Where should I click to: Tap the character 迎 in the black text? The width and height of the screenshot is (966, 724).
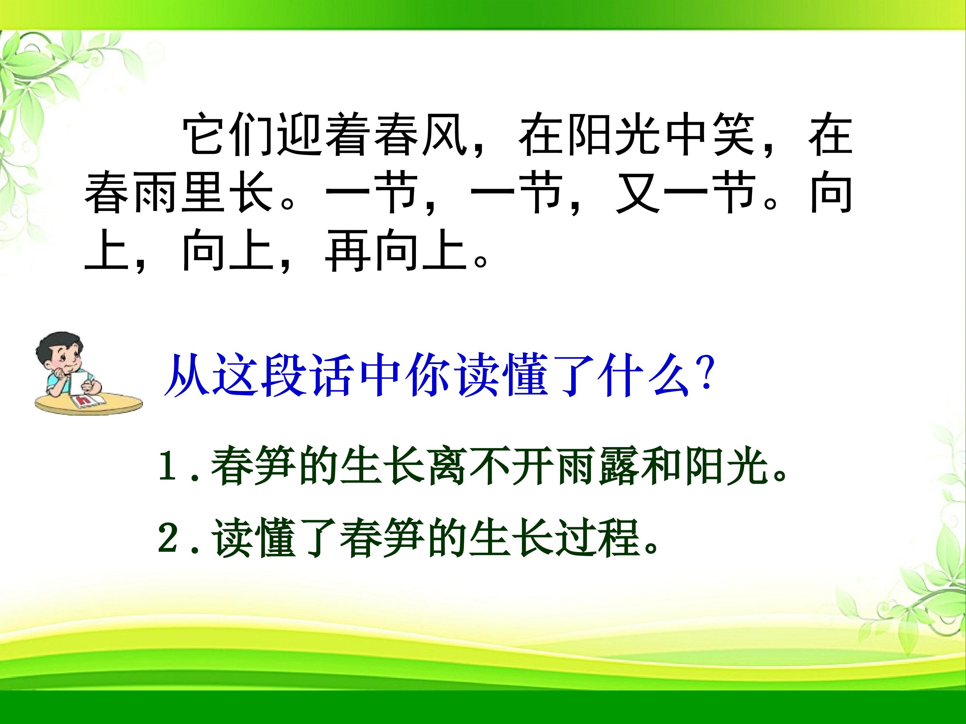point(301,134)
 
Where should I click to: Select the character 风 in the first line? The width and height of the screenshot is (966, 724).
point(445,134)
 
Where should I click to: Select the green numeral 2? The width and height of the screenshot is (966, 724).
point(168,539)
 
